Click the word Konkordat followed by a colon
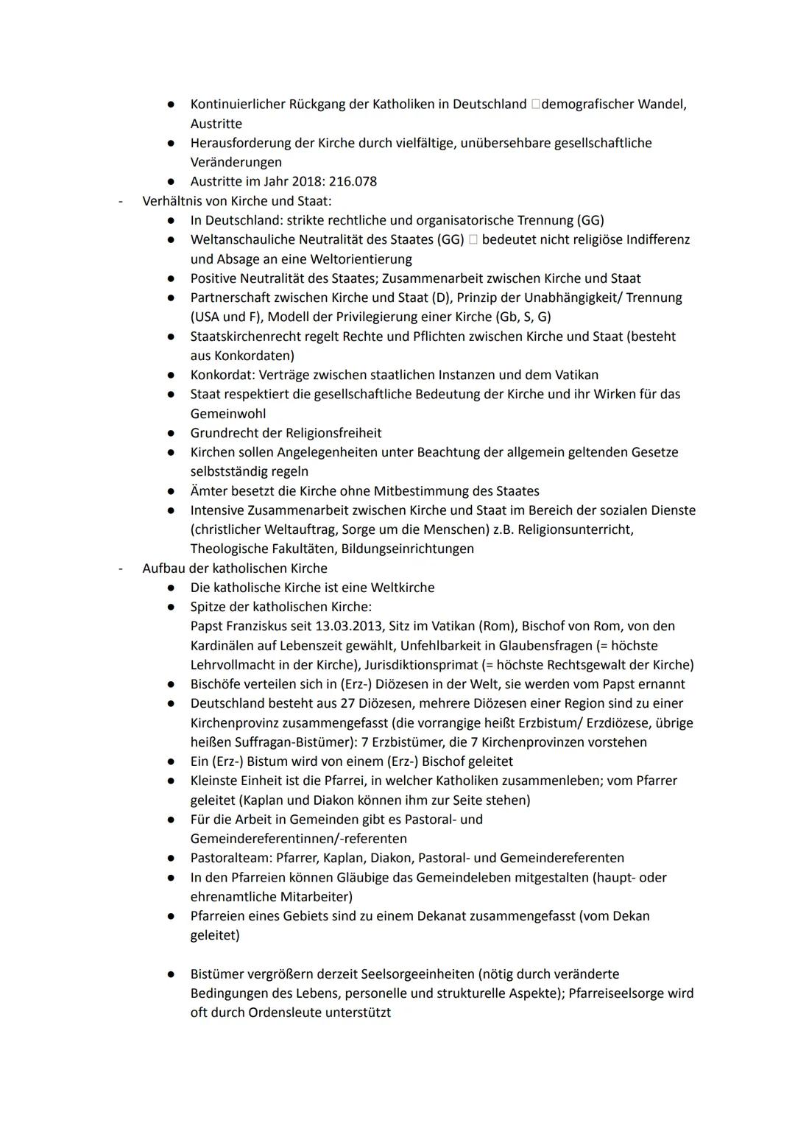[222, 375]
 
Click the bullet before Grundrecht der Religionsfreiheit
[170, 433]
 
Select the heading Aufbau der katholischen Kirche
[235, 568]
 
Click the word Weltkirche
[403, 588]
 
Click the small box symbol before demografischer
[534, 105]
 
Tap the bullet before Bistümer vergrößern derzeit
[170, 974]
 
